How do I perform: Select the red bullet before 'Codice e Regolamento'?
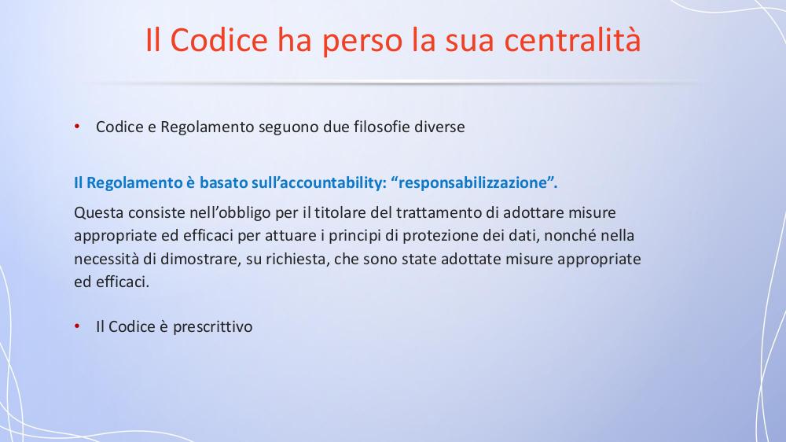click(x=77, y=127)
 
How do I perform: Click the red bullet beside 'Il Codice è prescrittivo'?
click(x=77, y=326)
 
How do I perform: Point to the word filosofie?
click(x=381, y=127)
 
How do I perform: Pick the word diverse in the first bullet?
click(x=439, y=127)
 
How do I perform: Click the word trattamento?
click(x=439, y=212)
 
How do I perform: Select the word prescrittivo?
click(x=212, y=327)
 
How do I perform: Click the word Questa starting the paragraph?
click(x=99, y=212)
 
